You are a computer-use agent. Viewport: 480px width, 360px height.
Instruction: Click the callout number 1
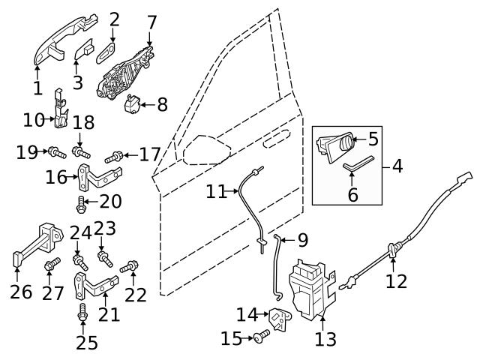coord(37,88)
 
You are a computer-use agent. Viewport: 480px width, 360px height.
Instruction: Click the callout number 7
coord(151,21)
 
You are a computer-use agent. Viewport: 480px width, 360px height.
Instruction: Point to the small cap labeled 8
coord(132,104)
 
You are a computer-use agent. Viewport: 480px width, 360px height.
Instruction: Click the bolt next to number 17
coord(113,157)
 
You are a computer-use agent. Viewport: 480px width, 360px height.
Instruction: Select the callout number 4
coord(397,166)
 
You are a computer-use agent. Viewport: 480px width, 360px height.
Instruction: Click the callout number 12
coord(396,281)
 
